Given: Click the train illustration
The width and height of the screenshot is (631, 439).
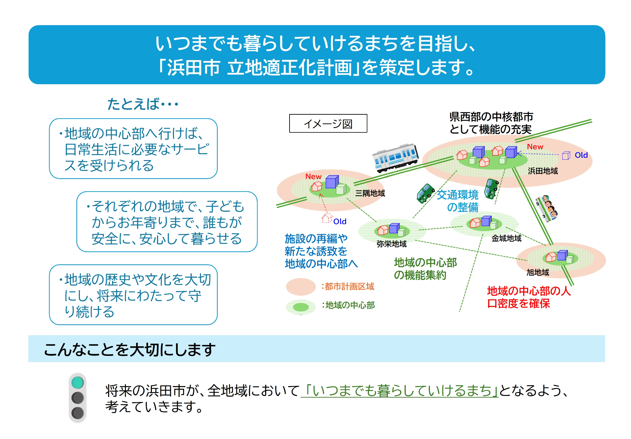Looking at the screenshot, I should click(x=395, y=158).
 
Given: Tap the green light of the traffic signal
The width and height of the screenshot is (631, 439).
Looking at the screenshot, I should click(x=78, y=383).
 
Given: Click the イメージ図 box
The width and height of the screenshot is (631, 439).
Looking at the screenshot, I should click(x=328, y=124).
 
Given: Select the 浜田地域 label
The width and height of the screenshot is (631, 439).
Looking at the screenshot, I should click(x=543, y=171).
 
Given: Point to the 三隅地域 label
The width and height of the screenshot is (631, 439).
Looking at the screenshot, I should click(x=370, y=193).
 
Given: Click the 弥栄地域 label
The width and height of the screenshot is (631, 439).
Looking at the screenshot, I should click(x=391, y=244).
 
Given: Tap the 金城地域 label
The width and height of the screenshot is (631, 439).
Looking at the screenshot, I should click(x=506, y=238).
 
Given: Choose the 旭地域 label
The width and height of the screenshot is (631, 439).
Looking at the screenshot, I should click(x=538, y=272).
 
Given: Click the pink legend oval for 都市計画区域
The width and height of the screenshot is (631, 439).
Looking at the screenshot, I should click(x=301, y=287).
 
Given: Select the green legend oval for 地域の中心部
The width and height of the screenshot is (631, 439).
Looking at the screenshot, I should click(x=301, y=307).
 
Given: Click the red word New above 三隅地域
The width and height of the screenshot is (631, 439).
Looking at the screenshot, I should click(x=313, y=176).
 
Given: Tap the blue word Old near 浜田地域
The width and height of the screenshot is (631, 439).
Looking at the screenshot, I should click(x=581, y=155).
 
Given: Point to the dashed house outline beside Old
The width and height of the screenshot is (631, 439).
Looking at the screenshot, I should click(x=327, y=218).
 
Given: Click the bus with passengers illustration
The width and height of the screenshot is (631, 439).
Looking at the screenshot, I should click(x=546, y=208).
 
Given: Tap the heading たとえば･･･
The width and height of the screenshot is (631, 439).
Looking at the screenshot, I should click(x=143, y=104).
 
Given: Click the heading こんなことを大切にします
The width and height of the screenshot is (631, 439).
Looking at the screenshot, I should click(x=129, y=349).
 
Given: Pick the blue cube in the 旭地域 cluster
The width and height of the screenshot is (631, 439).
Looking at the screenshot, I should click(x=562, y=255).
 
